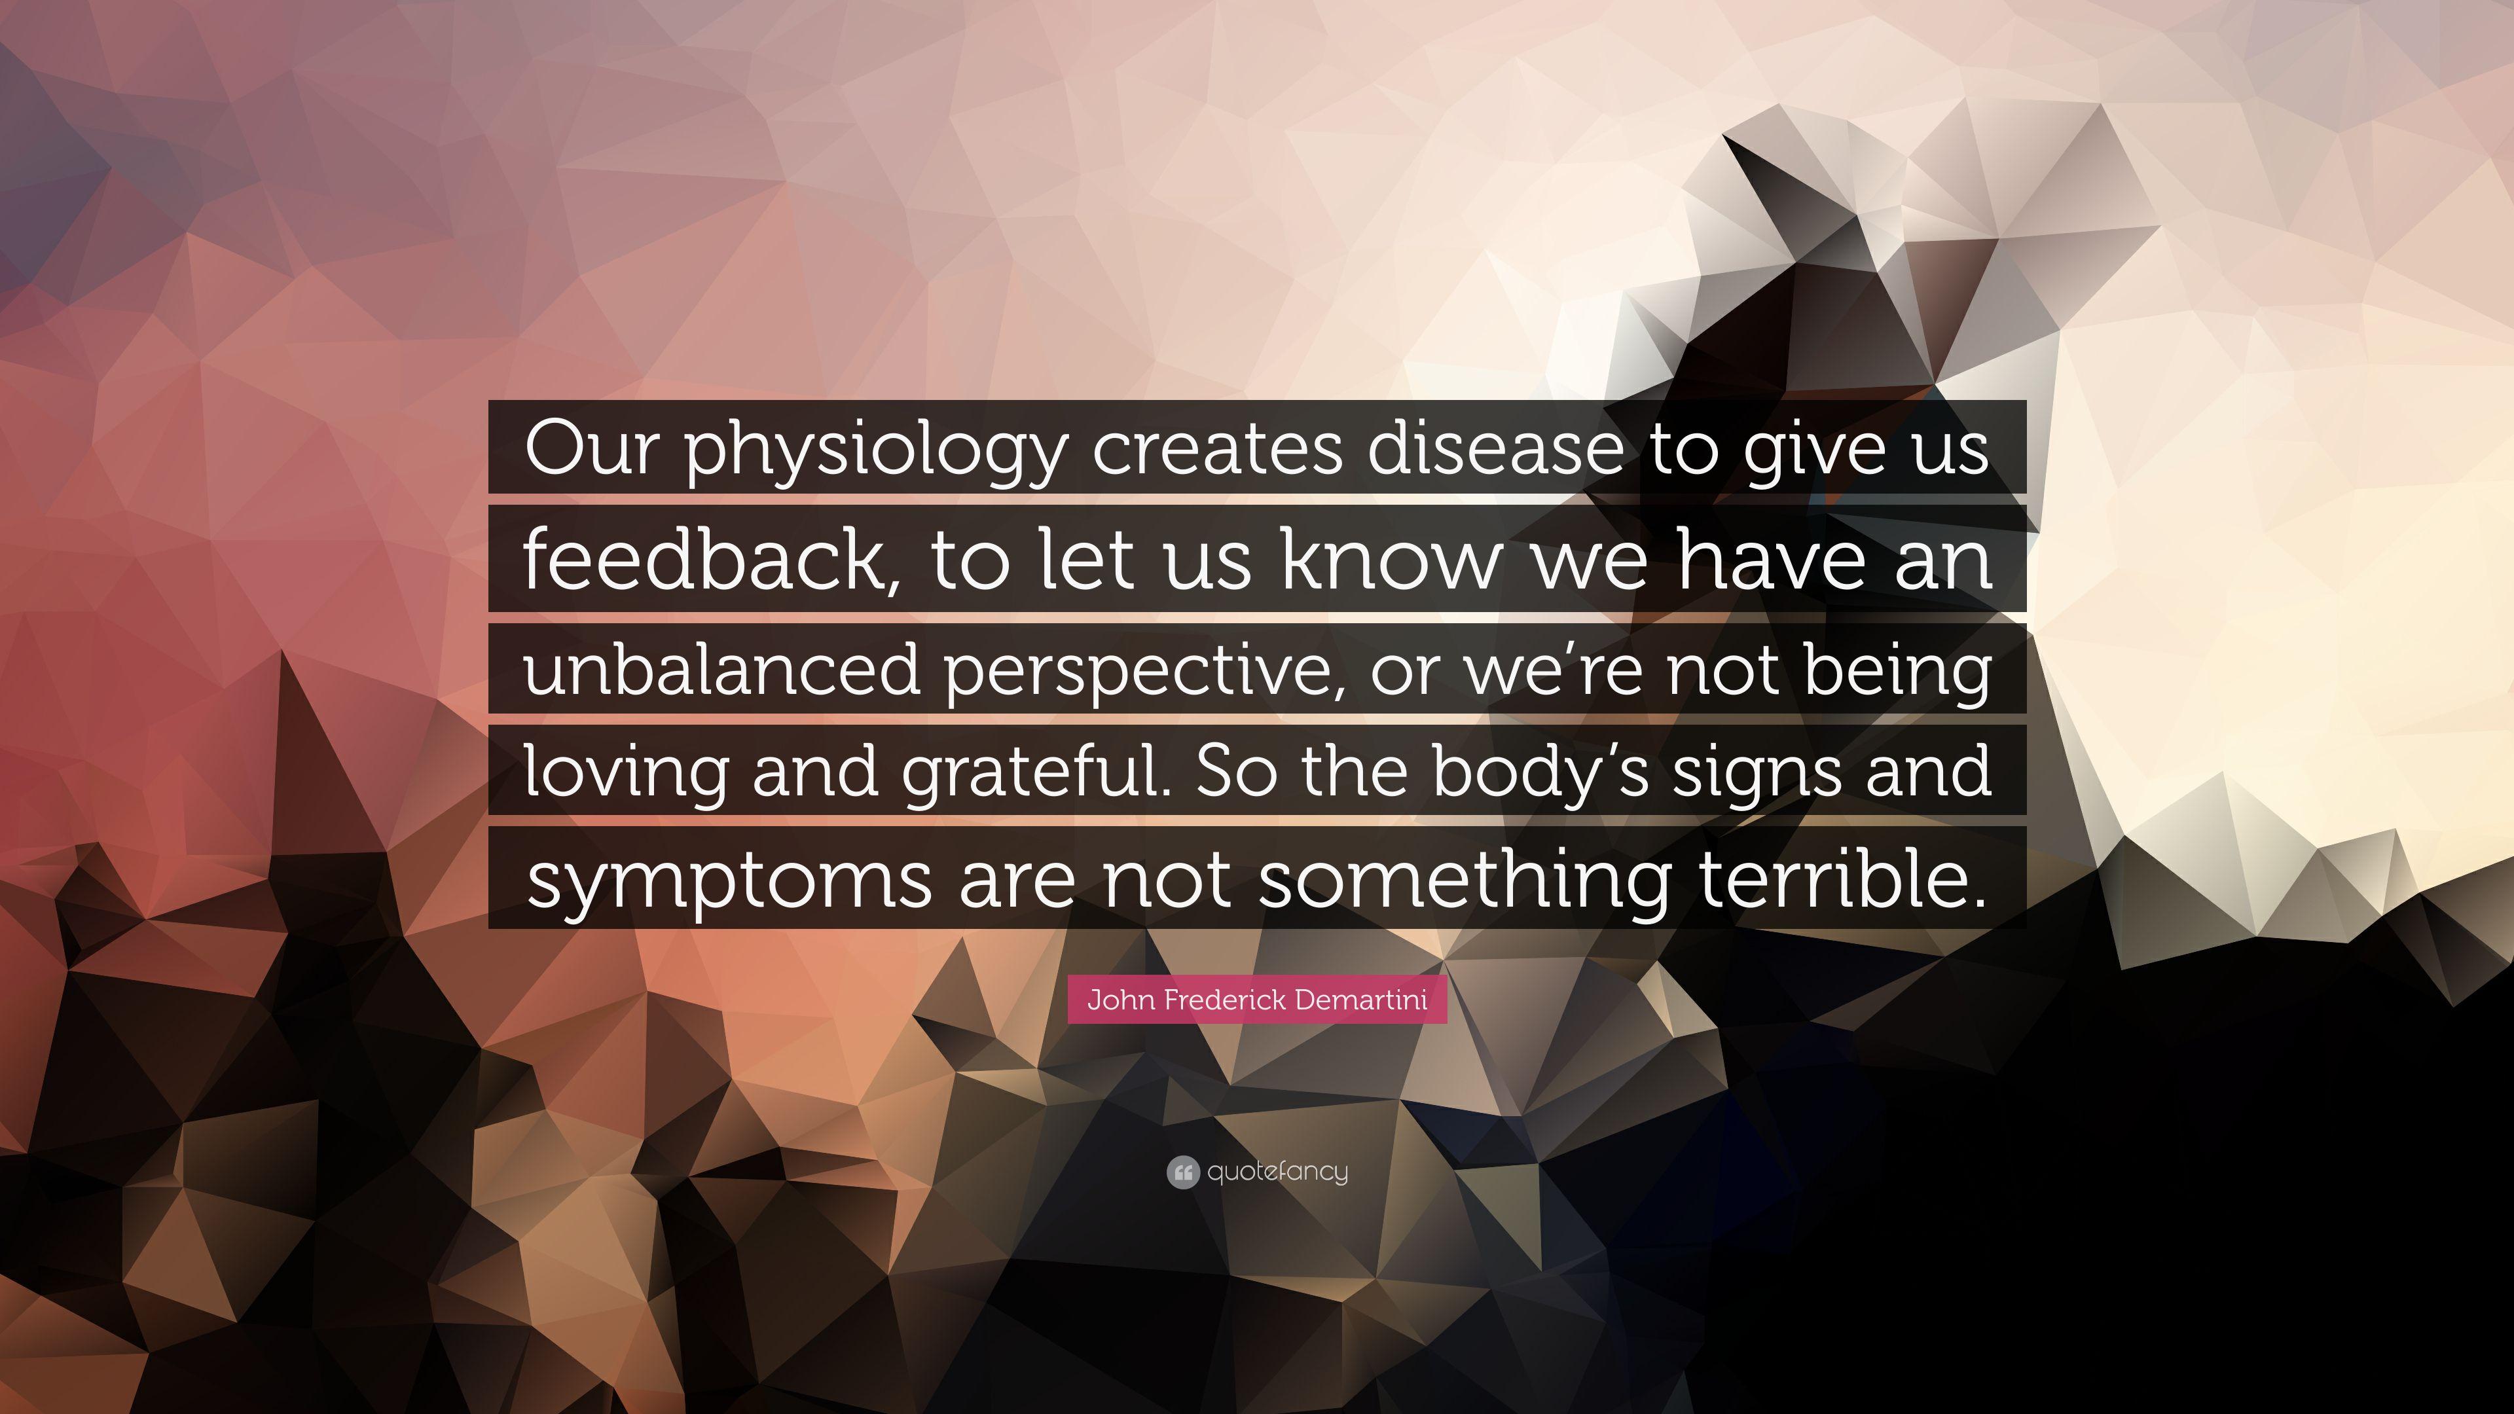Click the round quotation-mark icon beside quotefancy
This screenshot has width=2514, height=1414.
point(1182,1172)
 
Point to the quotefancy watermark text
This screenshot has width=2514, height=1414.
point(1277,1172)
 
